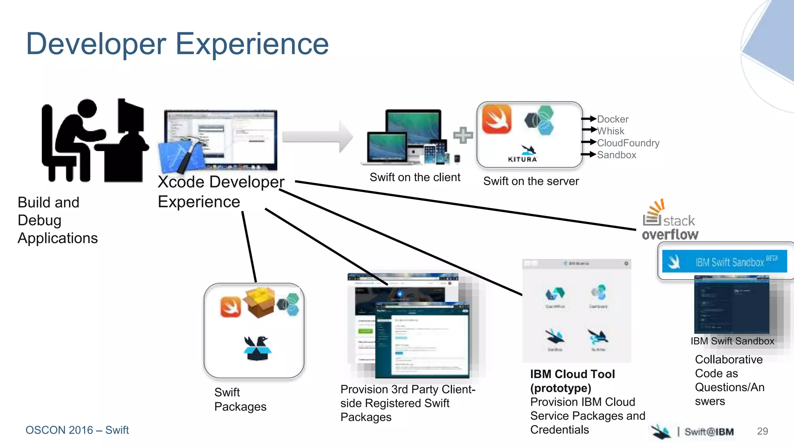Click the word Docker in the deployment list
(613, 119)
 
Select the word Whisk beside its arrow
(611, 131)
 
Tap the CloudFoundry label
(628, 143)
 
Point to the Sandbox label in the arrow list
(616, 155)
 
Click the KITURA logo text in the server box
(523, 159)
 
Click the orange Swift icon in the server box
(497, 120)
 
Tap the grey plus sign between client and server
(463, 135)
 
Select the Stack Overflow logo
(670, 221)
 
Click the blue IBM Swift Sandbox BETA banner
(724, 262)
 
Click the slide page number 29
(762, 431)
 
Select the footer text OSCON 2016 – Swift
(77, 430)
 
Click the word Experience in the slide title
(252, 44)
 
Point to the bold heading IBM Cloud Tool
(572, 374)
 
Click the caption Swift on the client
(415, 177)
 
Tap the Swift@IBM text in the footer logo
(709, 432)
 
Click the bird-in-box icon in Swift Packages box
(257, 348)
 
